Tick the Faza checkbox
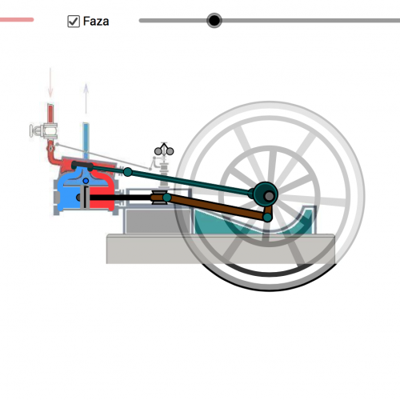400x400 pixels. click(74, 22)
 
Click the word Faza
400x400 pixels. click(96, 22)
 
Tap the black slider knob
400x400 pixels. click(214, 20)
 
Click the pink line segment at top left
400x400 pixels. click(17, 19)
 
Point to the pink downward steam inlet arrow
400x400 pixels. click(50, 82)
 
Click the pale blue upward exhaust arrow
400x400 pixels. click(86, 98)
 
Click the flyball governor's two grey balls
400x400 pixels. click(164, 151)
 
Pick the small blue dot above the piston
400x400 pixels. click(86, 181)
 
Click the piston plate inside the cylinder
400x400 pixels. click(85, 198)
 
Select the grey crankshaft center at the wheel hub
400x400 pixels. click(269, 196)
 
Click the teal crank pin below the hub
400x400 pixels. click(267, 218)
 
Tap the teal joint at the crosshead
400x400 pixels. click(167, 198)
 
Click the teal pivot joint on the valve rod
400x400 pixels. click(128, 172)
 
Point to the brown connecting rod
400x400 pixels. click(217, 207)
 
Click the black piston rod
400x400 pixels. click(120, 198)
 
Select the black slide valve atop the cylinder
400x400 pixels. click(82, 166)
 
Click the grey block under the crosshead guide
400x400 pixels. click(158, 221)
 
